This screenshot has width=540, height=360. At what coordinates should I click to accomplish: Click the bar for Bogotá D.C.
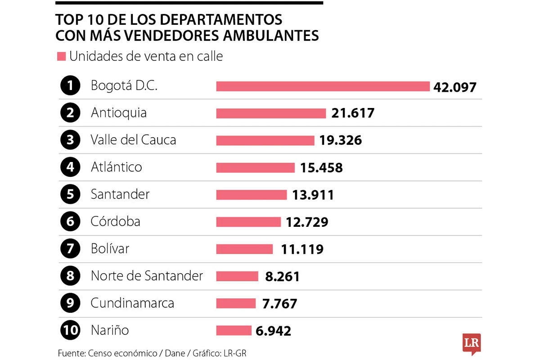coord(323,86)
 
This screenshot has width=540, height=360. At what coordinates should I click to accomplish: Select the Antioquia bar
coord(271,113)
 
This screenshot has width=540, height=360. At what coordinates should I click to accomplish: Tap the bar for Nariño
coord(234,330)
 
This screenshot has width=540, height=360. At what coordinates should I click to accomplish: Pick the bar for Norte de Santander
coord(237,276)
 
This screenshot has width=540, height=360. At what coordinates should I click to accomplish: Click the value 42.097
coord(454,87)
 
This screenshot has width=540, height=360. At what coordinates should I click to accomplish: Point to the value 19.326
coord(341,140)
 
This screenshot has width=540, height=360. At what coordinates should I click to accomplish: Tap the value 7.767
coord(279,304)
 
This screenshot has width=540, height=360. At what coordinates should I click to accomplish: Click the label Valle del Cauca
coord(133,140)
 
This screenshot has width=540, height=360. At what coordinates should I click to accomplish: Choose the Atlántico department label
coord(116,167)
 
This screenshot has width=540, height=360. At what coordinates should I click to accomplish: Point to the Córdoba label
coord(115,221)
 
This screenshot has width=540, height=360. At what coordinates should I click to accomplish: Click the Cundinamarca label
coord(132,303)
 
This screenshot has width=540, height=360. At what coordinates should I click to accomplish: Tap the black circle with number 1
coord(70,85)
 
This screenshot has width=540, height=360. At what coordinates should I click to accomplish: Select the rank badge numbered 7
coord(70,248)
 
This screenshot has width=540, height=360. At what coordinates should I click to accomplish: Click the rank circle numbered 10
coord(70,330)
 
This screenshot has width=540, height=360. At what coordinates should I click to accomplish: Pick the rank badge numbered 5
coord(70,194)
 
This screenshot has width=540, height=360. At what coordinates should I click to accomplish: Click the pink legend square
coord(62,57)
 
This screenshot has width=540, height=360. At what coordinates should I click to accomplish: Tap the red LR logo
coord(472,343)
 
